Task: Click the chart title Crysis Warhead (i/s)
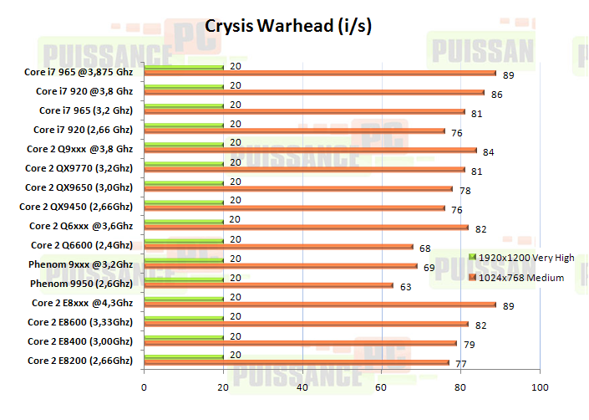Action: pyautogui.click(x=288, y=25)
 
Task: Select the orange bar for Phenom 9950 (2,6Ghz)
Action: pyautogui.click(x=267, y=285)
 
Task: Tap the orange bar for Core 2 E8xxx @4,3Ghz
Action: pyautogui.click(x=319, y=305)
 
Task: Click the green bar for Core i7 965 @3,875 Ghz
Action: pyautogui.click(x=183, y=67)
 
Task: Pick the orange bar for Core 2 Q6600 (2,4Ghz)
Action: pyautogui.click(x=278, y=247)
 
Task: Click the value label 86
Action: pyautogui.click(x=497, y=95)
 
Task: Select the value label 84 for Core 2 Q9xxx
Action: pyautogui.click(x=490, y=152)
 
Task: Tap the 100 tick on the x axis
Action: pyautogui.click(x=540, y=387)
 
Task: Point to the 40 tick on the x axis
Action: pyautogui.click(x=302, y=387)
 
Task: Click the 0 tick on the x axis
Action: pyautogui.click(x=144, y=387)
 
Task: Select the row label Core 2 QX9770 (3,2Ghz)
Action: pyautogui.click(x=79, y=168)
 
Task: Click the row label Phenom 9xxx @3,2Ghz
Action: pyautogui.click(x=81, y=264)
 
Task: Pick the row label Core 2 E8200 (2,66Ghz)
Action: pyautogui.click(x=79, y=361)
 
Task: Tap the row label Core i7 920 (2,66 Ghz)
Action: pyautogui.click(x=83, y=130)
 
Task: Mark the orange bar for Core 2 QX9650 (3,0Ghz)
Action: pyautogui.click(x=298, y=189)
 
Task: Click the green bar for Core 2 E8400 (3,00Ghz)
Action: pyautogui.click(x=183, y=337)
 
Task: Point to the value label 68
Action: pyautogui.click(x=425, y=248)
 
